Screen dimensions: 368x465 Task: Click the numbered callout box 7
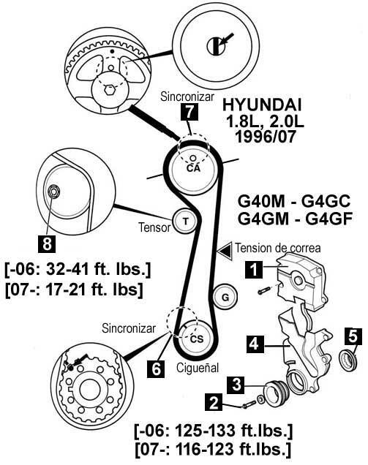pyautogui.click(x=189, y=112)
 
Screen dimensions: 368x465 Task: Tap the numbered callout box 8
pyautogui.click(x=47, y=244)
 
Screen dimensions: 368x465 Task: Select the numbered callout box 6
pyautogui.click(x=156, y=369)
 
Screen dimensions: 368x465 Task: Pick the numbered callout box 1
pyautogui.click(x=254, y=270)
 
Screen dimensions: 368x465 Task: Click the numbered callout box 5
pyautogui.click(x=353, y=336)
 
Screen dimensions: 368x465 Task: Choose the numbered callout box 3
pyautogui.click(x=236, y=385)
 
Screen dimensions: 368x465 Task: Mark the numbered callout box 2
pyautogui.click(x=213, y=402)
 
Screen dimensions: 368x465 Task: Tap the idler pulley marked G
pyautogui.click(x=225, y=297)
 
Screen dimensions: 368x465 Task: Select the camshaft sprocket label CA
pyautogui.click(x=193, y=168)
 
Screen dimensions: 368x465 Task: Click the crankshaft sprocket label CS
pyautogui.click(x=197, y=339)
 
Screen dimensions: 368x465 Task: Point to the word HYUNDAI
pyautogui.click(x=262, y=105)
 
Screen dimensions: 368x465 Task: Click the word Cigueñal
pyautogui.click(x=198, y=368)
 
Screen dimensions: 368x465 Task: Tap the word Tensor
pyautogui.click(x=154, y=227)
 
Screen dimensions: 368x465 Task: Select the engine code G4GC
pyautogui.click(x=326, y=201)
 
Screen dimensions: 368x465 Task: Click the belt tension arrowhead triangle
pyautogui.click(x=225, y=252)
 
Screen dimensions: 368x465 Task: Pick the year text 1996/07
pyautogui.click(x=266, y=137)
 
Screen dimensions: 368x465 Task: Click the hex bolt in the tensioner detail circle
pyautogui.click(x=53, y=192)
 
